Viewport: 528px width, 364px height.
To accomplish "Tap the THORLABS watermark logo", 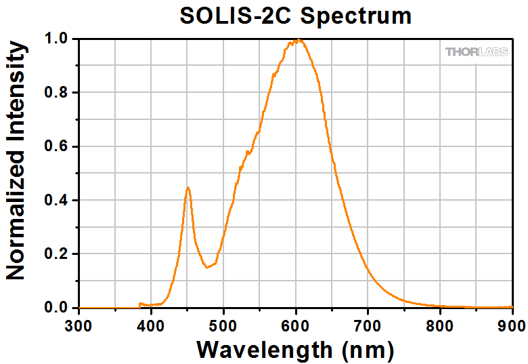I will click(x=475, y=52).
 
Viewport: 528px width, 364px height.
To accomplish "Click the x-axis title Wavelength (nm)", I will click(x=295, y=349).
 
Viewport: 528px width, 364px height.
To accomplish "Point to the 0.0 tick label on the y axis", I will click(x=58, y=308).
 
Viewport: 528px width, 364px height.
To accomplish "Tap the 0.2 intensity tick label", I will click(x=58, y=254).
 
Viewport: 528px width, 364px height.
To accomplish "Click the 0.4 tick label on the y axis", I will click(x=58, y=200).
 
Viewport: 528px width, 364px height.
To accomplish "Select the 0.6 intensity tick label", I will click(x=58, y=146).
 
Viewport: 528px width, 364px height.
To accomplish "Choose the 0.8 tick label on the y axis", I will click(x=58, y=93).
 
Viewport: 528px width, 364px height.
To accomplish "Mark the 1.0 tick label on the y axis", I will click(x=58, y=39).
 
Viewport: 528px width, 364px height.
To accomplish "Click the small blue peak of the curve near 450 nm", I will click(x=188, y=188).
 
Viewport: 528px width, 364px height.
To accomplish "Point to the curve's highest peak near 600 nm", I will click(x=296, y=40).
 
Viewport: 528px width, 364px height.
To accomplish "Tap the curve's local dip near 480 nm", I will click(x=207, y=267).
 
